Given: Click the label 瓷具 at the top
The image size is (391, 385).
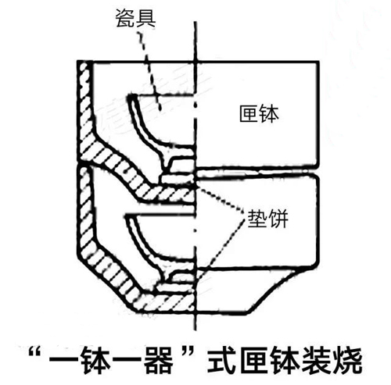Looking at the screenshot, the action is (x=135, y=18).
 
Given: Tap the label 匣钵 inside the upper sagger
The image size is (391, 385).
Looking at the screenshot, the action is (x=259, y=114).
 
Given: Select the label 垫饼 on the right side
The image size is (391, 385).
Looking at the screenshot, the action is (x=267, y=219).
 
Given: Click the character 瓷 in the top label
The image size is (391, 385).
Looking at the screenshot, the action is (x=125, y=18).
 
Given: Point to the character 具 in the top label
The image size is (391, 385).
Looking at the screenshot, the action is (x=145, y=18).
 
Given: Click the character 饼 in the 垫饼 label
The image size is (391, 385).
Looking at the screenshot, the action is (x=278, y=219).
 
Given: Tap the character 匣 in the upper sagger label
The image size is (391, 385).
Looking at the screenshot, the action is (x=249, y=114).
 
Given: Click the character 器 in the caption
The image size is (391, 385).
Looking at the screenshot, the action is (x=159, y=360).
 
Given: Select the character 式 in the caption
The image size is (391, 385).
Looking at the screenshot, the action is (x=221, y=360).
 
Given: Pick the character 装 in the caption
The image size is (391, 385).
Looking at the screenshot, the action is (x=315, y=360).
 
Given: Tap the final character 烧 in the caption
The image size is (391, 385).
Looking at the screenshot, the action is (x=346, y=360).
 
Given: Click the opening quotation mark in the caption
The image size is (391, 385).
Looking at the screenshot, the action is (x=35, y=353).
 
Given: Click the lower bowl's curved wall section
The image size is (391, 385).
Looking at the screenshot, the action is (x=143, y=248).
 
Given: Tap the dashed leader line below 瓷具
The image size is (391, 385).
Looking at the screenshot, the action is (x=149, y=70).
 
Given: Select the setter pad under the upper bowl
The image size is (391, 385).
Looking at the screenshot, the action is (x=178, y=179).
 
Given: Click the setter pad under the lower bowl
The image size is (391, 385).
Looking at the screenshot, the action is (x=175, y=287).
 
